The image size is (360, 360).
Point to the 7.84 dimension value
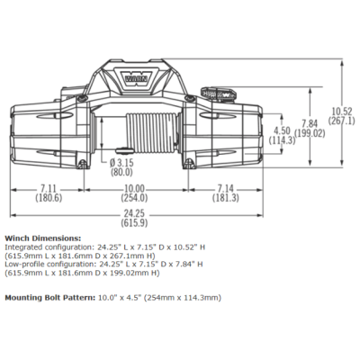(309, 124)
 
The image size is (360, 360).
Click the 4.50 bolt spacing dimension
(283, 130)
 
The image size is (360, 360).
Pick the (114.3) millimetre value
(283, 140)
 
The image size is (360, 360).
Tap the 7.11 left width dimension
(50, 188)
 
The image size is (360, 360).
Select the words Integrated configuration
(49, 246)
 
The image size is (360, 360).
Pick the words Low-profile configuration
(49, 264)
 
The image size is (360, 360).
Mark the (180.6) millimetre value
(50, 197)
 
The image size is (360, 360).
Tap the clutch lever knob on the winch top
(219, 92)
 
